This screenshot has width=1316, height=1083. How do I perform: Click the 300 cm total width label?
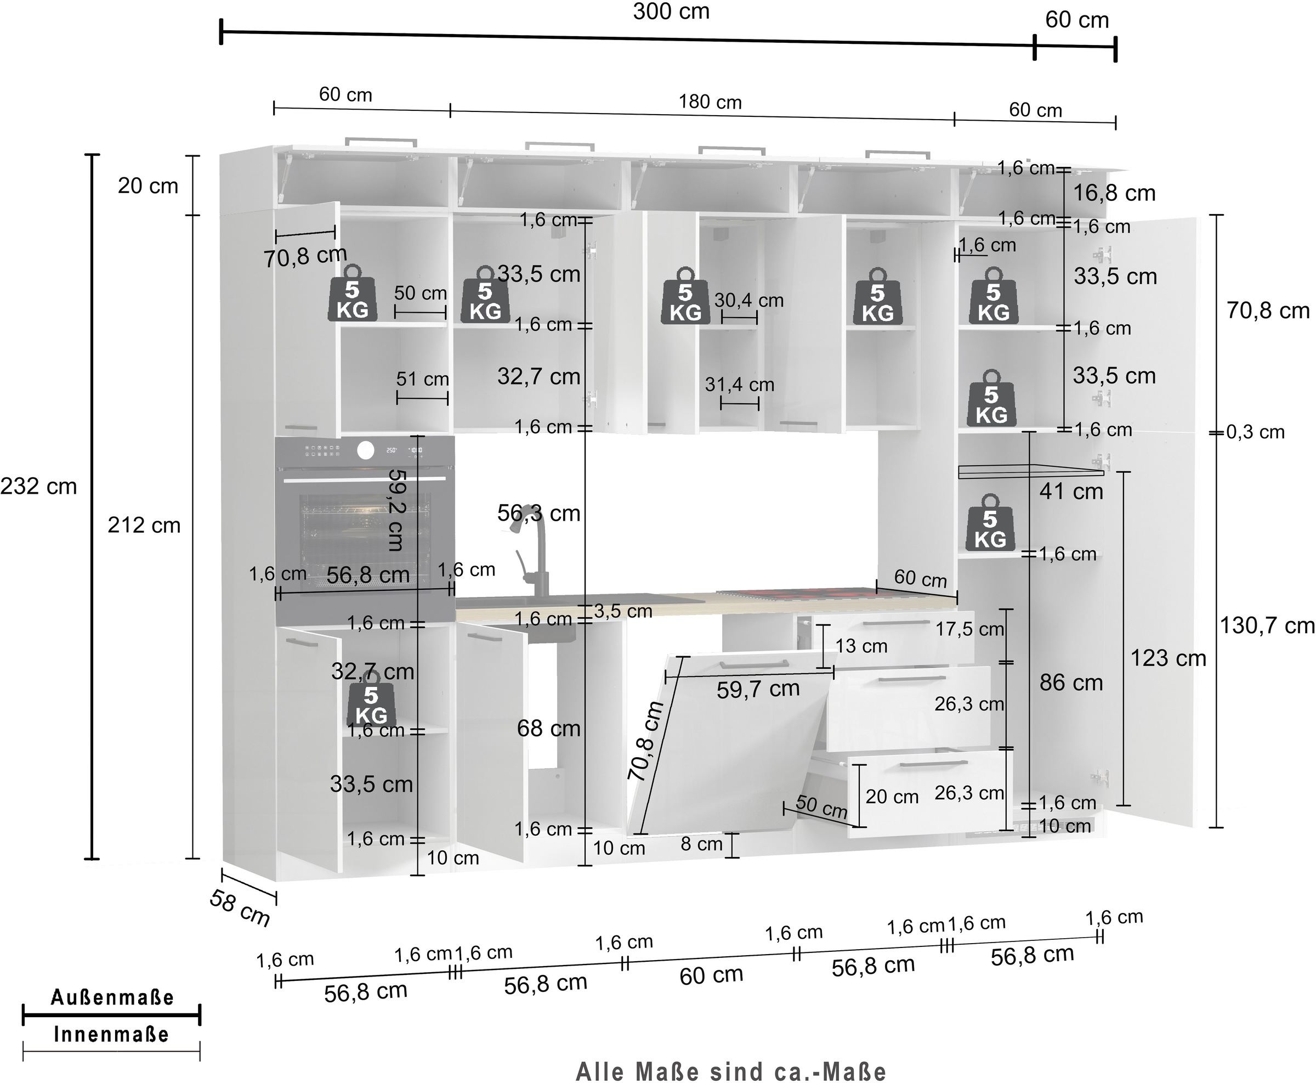671,12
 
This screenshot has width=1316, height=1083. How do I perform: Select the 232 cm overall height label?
38,486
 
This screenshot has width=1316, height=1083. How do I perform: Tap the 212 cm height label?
144,525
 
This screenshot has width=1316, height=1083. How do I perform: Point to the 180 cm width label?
710,101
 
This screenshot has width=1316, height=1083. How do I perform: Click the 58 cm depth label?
240,909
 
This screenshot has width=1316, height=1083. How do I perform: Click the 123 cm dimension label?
1168,658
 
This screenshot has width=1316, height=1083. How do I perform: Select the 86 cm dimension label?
1071,682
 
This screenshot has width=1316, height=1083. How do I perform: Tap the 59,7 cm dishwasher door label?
758,689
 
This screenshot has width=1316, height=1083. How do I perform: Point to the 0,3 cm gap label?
1256,432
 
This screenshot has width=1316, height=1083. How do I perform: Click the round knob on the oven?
366,450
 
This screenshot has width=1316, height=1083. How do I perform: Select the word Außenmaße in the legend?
112,997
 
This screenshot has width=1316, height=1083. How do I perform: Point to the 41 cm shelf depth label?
1071,492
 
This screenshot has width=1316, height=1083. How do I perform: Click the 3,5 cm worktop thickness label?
623,611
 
